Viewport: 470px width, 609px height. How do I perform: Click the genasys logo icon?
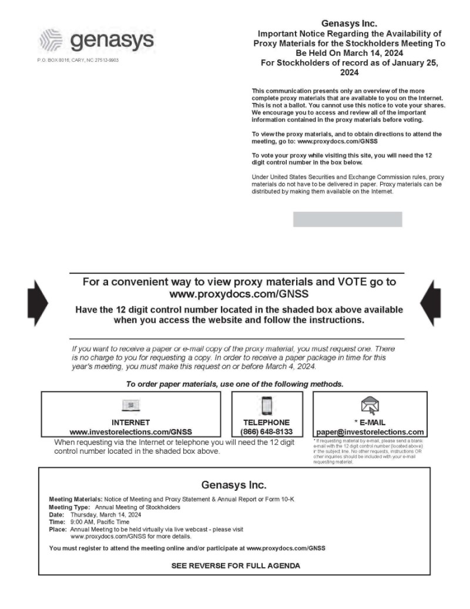click(50, 41)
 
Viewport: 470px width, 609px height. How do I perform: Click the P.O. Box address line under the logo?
click(78, 60)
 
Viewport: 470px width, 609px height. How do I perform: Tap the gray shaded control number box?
click(347, 219)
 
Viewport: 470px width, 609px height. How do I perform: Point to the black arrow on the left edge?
click(40, 303)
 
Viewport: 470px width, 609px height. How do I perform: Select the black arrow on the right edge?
click(431, 303)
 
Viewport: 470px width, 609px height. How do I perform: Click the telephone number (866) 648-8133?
click(266, 432)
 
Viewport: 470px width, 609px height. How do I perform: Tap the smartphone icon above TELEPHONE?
click(267, 406)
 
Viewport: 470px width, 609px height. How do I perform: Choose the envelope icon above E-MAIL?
click(370, 406)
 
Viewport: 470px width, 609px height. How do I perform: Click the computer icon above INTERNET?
click(130, 405)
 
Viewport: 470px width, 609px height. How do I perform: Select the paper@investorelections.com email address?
click(370, 432)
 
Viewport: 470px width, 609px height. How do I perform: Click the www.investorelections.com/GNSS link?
click(130, 432)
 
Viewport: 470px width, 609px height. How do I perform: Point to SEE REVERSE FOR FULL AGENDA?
click(235, 565)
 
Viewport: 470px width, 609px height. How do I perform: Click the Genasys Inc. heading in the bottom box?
click(234, 485)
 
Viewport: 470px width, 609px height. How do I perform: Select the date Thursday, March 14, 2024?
click(105, 514)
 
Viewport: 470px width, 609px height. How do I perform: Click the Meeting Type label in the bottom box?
click(69, 507)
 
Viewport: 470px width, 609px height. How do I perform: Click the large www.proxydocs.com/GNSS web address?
click(239, 293)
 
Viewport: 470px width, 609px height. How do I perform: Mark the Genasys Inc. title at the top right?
click(349, 24)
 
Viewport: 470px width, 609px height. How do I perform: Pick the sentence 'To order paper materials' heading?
click(235, 384)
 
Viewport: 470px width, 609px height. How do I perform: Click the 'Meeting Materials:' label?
click(75, 499)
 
